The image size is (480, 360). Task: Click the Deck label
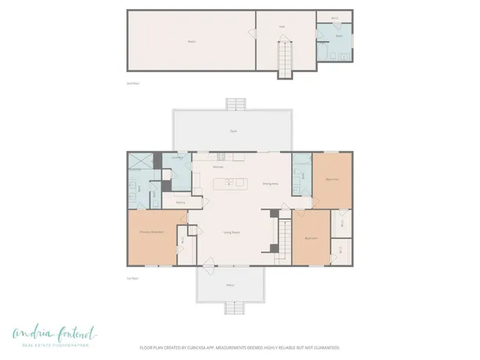(233, 131)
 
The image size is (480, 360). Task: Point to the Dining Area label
(270, 183)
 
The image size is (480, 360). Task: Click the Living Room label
(231, 232)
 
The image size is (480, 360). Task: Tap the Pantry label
(181, 202)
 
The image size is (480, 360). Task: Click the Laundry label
(178, 158)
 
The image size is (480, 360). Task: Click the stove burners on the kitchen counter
(220, 157)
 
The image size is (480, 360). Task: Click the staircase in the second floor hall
(285, 60)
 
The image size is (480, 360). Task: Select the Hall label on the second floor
(282, 26)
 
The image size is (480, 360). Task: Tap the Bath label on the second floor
(339, 35)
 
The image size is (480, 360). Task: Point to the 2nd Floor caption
(133, 82)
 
